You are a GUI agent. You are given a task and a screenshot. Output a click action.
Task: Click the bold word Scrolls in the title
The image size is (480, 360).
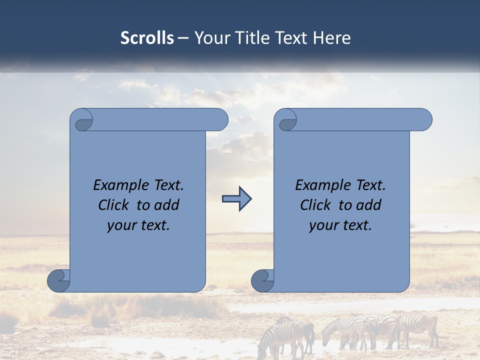tap(147, 38)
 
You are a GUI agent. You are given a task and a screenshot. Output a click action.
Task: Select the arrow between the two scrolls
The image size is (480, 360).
tap(236, 199)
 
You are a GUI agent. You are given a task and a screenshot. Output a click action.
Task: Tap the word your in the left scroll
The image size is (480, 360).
tap(121, 226)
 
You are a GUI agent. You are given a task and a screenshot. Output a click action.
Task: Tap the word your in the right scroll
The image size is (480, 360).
tap(323, 226)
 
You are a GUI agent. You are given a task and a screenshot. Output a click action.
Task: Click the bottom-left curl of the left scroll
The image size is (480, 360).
tap(58, 280)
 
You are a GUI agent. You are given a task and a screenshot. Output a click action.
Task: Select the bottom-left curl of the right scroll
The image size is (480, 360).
tap(262, 280)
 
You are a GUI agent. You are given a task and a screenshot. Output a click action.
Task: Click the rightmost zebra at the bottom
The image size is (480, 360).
tap(420, 327)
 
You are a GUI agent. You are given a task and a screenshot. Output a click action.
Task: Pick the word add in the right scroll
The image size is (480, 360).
tap(368, 205)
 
